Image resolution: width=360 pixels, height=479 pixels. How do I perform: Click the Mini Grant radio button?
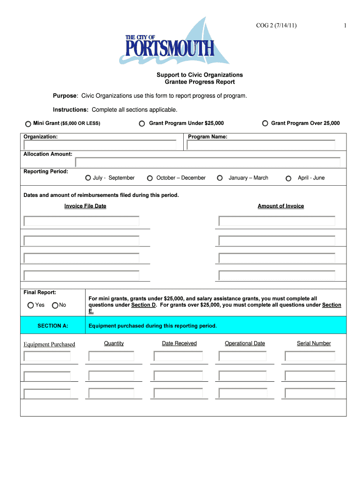point(28,124)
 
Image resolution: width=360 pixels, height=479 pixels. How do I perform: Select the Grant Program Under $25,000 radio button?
point(142,123)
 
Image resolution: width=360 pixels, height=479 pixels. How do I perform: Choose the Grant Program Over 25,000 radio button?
point(265,123)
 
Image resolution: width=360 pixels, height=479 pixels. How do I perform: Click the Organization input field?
point(100,145)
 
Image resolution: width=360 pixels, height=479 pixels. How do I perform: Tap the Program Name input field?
point(261,145)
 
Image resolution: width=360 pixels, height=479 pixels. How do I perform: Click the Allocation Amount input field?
point(208,162)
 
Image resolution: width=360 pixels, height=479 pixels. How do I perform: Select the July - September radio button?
point(88,178)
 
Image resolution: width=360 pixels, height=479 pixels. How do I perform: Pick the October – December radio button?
point(150,178)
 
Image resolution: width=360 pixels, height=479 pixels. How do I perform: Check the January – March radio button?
point(220,178)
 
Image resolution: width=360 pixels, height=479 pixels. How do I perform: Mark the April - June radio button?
point(288,178)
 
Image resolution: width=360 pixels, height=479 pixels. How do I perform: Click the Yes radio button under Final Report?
point(31,305)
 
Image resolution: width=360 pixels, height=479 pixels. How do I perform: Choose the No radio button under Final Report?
point(55,305)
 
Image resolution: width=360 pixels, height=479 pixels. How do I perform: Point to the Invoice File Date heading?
point(85,206)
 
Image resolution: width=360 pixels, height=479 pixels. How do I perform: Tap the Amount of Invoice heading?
point(281,206)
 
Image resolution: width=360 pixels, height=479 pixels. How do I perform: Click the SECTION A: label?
point(53,326)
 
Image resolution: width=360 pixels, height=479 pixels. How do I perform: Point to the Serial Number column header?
point(314,343)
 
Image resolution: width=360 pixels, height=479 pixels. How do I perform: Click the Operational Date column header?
point(245,343)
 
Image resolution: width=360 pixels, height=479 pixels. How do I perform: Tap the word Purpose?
point(65,96)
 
